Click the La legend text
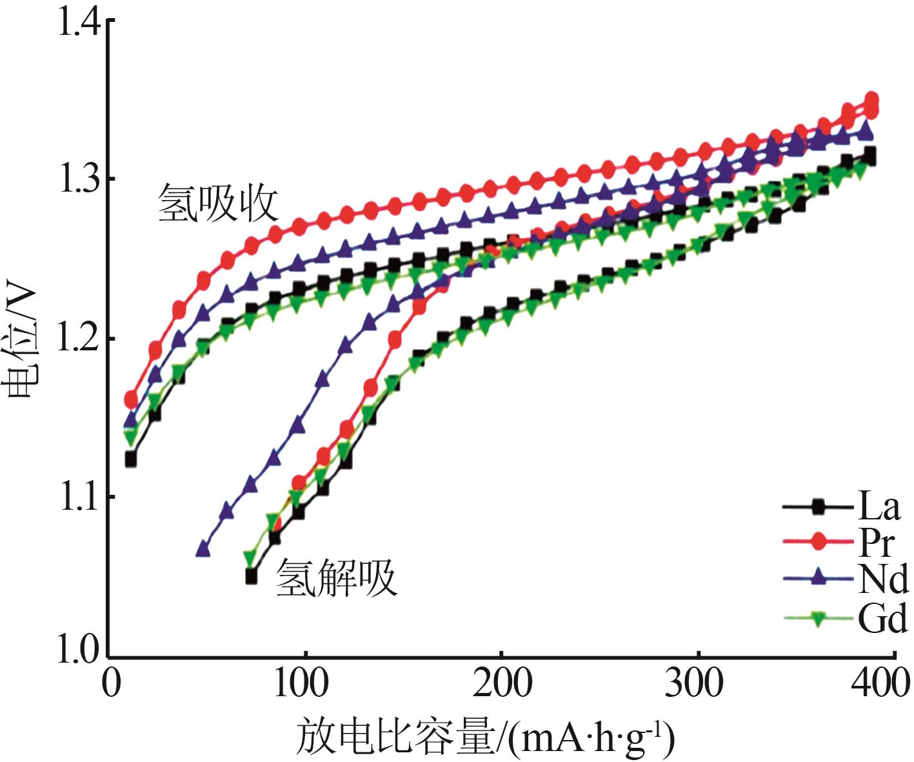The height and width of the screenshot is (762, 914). click(x=878, y=506)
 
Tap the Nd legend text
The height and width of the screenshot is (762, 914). click(x=882, y=579)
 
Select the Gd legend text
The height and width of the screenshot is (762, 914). click(x=882, y=619)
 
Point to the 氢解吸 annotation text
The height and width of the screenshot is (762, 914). click(x=336, y=577)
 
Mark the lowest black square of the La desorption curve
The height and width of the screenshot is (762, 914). click(x=252, y=576)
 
